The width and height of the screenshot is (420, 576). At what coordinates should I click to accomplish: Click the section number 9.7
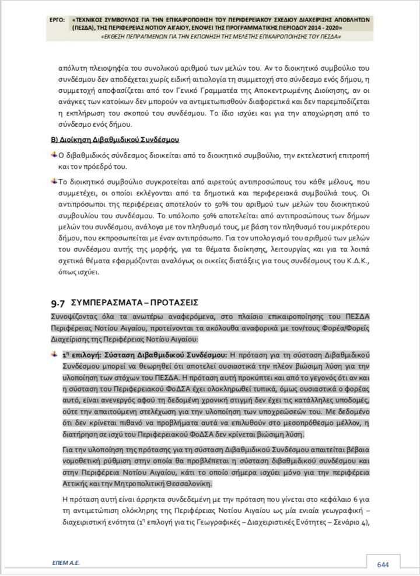(58, 303)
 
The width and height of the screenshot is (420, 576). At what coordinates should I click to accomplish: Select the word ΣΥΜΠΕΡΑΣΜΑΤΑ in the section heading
(107, 303)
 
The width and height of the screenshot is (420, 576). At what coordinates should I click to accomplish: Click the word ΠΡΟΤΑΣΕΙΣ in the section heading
(173, 303)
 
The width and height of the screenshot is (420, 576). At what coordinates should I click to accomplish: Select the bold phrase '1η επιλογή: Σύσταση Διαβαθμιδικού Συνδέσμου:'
(145, 355)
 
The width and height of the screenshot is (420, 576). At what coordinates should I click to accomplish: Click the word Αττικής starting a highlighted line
(74, 484)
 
